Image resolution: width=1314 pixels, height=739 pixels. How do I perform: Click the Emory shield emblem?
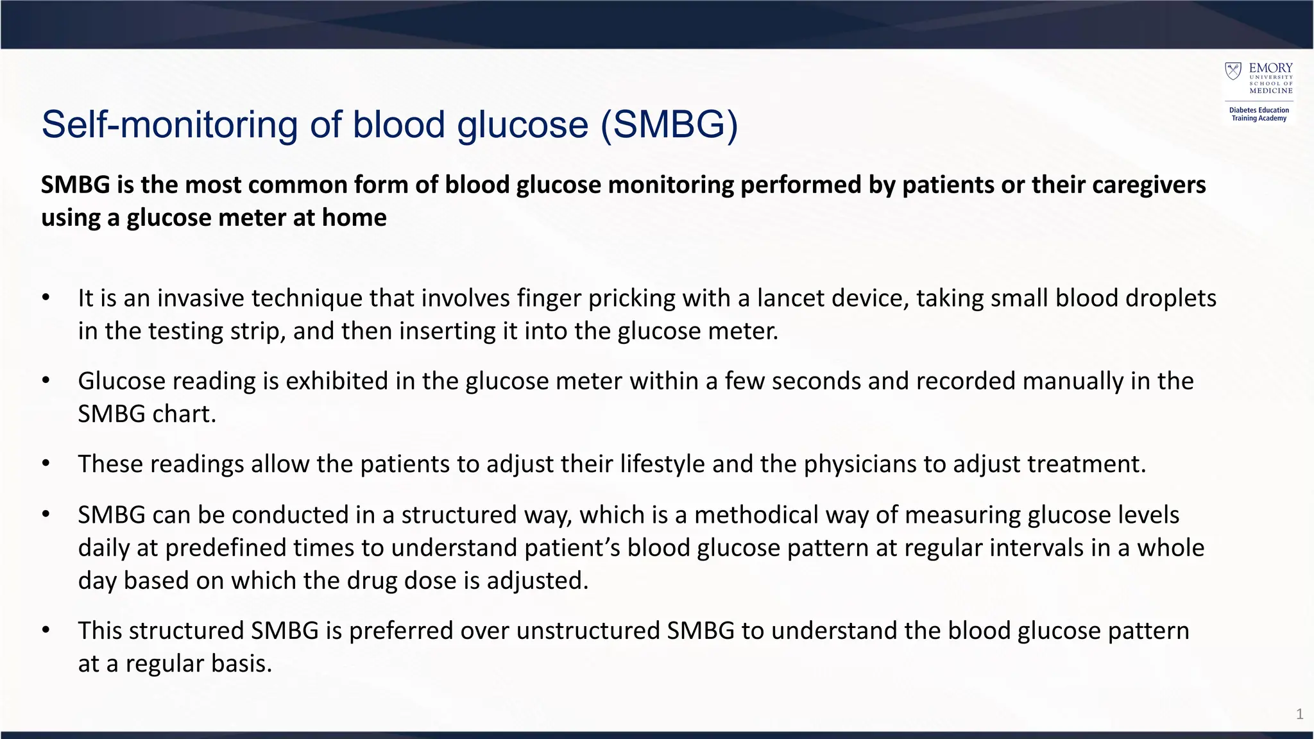[x=1233, y=71]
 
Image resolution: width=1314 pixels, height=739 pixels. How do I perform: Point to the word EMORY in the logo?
[x=1270, y=68]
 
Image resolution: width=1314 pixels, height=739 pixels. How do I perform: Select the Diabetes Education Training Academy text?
[x=1259, y=114]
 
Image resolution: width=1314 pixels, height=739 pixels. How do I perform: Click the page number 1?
[x=1299, y=714]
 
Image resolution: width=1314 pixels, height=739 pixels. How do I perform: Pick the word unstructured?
[x=588, y=631]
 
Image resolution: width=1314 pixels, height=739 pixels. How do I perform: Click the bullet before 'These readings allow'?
[x=46, y=464]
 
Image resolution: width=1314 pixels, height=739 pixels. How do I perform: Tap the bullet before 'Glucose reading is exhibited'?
[x=46, y=381]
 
